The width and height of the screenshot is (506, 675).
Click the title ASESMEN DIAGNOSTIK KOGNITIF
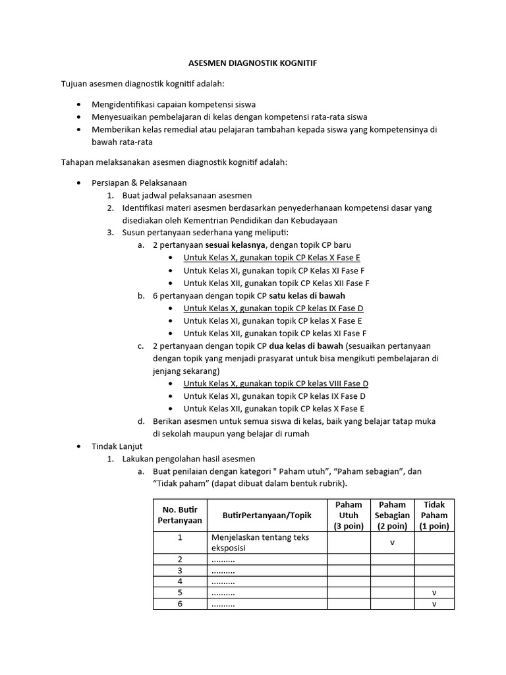252,63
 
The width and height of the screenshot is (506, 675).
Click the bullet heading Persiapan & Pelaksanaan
139,183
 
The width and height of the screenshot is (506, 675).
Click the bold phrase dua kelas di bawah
306,346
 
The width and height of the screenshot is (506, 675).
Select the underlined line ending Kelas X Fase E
271,258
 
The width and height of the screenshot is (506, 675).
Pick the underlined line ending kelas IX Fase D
273,308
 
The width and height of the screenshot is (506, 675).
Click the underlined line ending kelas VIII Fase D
275,384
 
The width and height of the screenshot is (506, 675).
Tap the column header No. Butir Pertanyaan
180,515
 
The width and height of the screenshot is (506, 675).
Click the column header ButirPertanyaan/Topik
267,515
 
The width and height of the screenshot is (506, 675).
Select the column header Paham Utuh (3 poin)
349,515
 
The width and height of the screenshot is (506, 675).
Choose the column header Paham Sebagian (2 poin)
392,515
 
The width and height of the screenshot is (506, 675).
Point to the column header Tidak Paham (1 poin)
434,515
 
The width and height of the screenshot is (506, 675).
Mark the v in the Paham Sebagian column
392,543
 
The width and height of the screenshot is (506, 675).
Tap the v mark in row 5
434,593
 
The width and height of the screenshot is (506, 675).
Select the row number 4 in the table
179,581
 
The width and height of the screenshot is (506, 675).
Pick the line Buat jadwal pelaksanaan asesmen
186,196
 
